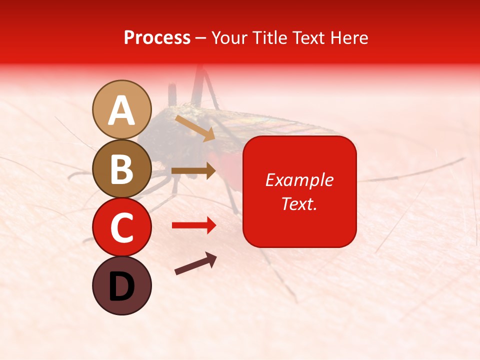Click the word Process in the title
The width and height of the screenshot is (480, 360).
(x=157, y=38)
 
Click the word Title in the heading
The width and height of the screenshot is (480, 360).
(x=268, y=38)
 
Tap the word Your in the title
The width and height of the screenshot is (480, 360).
(x=228, y=38)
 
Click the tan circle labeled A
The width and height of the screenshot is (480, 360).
(x=122, y=109)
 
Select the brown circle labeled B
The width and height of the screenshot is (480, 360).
(x=122, y=169)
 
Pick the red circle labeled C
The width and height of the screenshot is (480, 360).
(x=122, y=227)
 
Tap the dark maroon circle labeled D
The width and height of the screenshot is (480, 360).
(x=122, y=285)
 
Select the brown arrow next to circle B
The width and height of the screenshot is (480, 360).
(x=194, y=170)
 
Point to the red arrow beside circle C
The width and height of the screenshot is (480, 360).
(x=194, y=225)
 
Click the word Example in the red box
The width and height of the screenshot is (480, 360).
(x=299, y=180)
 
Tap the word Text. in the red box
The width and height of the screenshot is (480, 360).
(x=299, y=203)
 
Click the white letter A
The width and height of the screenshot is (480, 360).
(x=122, y=110)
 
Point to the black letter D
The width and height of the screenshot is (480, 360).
(x=122, y=286)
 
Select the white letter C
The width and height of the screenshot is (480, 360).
(x=122, y=228)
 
